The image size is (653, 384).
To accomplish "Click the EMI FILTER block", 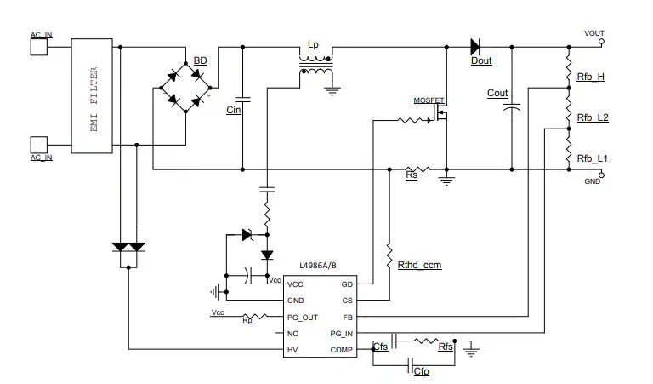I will pyautogui.click(x=92, y=95).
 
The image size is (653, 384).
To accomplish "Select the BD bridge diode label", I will pyautogui.click(x=200, y=60).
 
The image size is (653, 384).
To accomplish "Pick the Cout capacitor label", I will pyautogui.click(x=497, y=94).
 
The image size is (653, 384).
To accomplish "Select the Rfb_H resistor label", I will pyautogui.click(x=590, y=77).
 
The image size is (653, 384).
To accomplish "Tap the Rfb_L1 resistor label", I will pyautogui.click(x=592, y=159).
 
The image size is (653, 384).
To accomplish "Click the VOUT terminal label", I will pyautogui.click(x=594, y=32).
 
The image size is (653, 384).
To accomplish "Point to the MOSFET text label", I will pyautogui.click(x=429, y=100).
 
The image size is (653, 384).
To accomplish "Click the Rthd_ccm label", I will pyautogui.click(x=419, y=265).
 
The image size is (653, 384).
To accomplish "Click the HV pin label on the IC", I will pyautogui.click(x=292, y=349).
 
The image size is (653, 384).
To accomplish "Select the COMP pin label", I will pyautogui.click(x=342, y=349).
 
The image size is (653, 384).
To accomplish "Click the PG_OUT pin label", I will pyautogui.click(x=302, y=317).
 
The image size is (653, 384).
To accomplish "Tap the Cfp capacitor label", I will pyautogui.click(x=421, y=372).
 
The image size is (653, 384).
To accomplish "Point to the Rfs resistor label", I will pyautogui.click(x=446, y=347).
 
